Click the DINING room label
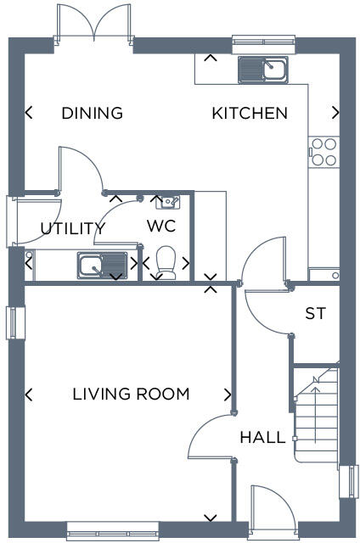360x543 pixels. [93, 113]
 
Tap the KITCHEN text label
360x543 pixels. [250, 113]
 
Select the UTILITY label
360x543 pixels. [73, 228]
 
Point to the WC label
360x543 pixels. [161, 226]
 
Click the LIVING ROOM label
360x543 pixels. [131, 394]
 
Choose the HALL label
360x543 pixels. [262, 438]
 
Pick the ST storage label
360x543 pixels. [315, 314]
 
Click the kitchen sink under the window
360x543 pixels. [263, 69]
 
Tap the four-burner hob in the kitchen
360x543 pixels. [323, 152]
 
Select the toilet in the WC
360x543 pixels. [166, 261]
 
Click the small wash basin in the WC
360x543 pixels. [167, 202]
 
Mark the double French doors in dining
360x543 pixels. [95, 24]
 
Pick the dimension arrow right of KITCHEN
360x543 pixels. [336, 112]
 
